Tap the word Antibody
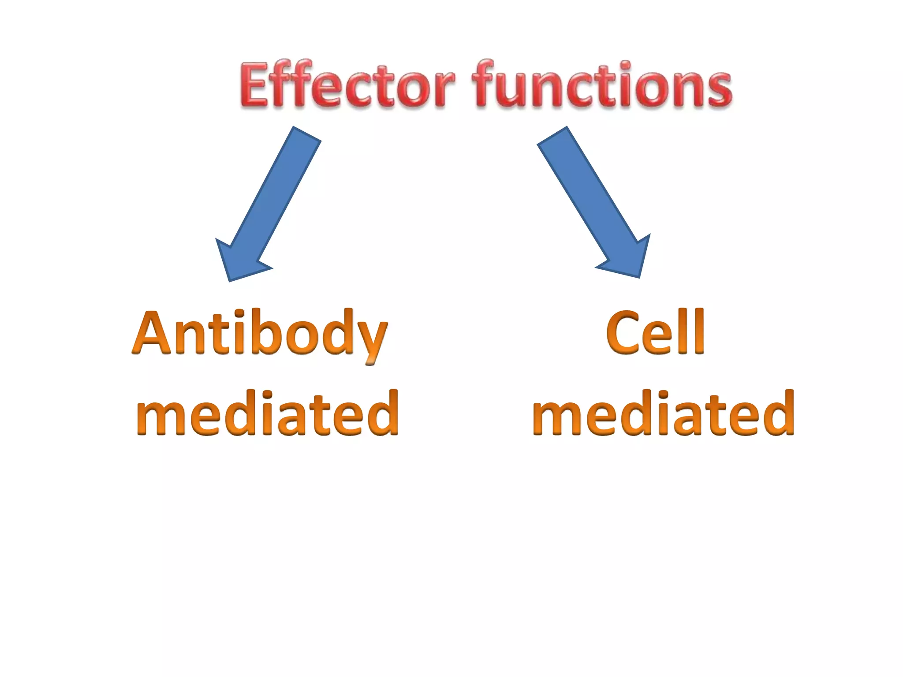coord(260,334)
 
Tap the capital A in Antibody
coord(152,334)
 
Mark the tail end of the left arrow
coord(306,134)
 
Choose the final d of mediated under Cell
coord(780,413)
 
